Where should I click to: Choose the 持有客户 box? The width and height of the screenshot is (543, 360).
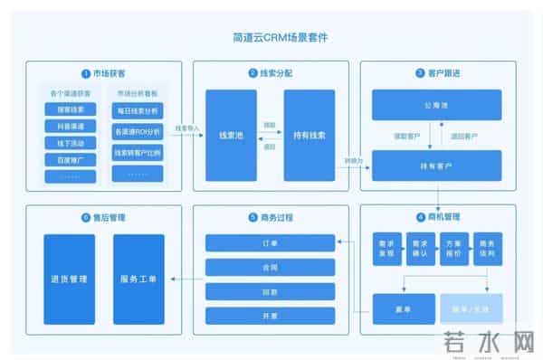tap(437, 166)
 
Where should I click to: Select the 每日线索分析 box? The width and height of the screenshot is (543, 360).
tap(137, 110)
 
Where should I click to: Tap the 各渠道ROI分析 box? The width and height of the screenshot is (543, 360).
tap(137, 132)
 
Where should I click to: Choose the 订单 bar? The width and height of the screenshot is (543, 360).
tap(270, 242)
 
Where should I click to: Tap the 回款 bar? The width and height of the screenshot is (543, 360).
tap(270, 292)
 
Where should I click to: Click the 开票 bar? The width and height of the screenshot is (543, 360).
tap(270, 317)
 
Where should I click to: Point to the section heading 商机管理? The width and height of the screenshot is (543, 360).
tap(443, 218)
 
